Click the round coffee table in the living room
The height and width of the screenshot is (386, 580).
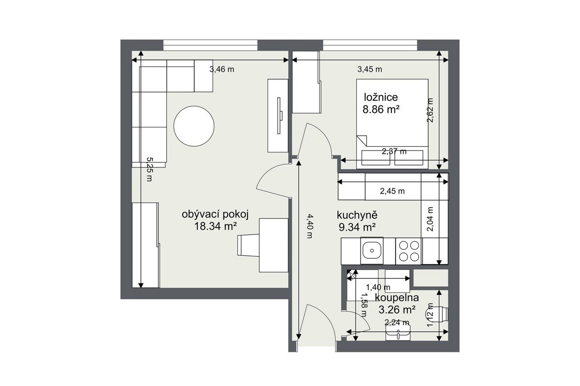(x=194, y=126)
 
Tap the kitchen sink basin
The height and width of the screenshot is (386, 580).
(x=372, y=250)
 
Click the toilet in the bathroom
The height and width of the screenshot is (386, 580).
(x=437, y=314)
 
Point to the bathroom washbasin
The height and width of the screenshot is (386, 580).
(x=398, y=332)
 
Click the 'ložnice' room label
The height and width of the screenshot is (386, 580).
(x=381, y=97)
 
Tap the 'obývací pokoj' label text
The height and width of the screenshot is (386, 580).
(x=215, y=215)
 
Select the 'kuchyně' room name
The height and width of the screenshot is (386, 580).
(x=357, y=215)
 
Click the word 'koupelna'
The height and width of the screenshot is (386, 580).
(x=397, y=298)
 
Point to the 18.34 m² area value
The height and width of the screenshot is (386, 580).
(x=216, y=226)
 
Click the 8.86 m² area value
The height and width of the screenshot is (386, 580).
(x=381, y=110)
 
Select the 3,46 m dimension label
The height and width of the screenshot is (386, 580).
(x=222, y=69)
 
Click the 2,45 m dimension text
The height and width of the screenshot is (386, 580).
(x=392, y=191)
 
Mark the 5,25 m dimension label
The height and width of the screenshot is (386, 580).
(x=149, y=169)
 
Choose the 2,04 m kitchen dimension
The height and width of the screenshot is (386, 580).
(x=430, y=219)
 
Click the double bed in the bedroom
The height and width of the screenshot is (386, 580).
(x=392, y=124)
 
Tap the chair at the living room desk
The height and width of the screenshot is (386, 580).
(x=248, y=245)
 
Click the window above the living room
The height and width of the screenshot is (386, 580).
(x=211, y=45)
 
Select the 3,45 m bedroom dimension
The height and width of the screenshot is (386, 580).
(x=370, y=69)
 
